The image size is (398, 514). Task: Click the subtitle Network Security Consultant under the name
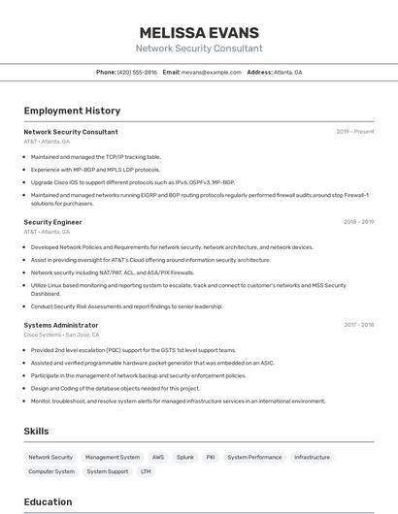(x=199, y=48)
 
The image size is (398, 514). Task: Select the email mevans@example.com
(x=211, y=72)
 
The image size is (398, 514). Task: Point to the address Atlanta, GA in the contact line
(x=288, y=72)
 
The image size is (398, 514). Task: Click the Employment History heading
(x=72, y=111)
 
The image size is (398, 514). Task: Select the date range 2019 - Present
(x=355, y=132)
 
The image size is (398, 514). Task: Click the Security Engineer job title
(x=52, y=222)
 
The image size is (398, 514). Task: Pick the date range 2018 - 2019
(x=358, y=222)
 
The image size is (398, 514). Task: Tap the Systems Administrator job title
(x=61, y=325)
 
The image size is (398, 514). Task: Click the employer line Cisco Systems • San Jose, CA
(x=61, y=335)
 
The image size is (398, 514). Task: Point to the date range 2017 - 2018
(x=358, y=325)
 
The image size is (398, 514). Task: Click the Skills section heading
(x=36, y=432)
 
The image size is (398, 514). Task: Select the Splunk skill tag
(x=185, y=457)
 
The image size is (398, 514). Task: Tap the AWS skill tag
(x=157, y=457)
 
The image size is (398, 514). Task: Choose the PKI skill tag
(x=211, y=457)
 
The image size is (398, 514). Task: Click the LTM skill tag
(x=146, y=471)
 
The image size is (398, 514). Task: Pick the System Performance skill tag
(x=254, y=457)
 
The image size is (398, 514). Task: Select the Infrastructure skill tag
(x=312, y=457)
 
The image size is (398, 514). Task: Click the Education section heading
(x=48, y=501)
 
